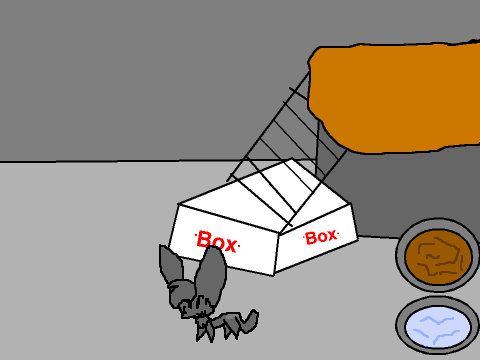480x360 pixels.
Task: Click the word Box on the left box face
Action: (217, 241)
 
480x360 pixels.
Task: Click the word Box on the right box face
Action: (321, 237)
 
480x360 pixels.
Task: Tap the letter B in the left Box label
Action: (204, 239)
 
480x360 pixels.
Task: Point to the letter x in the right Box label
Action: (331, 235)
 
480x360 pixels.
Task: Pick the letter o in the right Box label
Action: (321, 237)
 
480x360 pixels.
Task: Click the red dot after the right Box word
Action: (338, 233)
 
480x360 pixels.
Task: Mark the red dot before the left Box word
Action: (195, 236)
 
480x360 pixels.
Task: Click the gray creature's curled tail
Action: (250, 321)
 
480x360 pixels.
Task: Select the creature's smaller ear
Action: (171, 265)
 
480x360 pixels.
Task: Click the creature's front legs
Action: (204, 330)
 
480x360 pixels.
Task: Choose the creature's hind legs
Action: (231, 328)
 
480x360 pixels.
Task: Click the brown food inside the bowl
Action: (438, 256)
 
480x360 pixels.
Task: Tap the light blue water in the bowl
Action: (437, 327)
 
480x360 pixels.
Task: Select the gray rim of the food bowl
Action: (400, 256)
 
